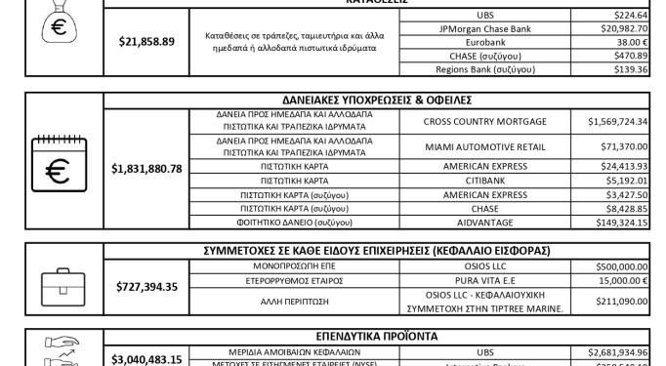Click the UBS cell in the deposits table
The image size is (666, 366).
[x=485, y=16]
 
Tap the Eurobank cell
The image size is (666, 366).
[x=485, y=43]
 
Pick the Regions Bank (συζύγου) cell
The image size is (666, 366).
[x=485, y=70]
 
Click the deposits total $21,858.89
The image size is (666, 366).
[x=146, y=42]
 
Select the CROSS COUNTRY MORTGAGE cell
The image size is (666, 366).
[x=485, y=120]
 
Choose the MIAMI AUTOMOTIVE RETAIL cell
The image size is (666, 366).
[x=485, y=146]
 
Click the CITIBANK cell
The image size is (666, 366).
[x=485, y=181]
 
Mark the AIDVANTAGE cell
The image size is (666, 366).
[x=485, y=222]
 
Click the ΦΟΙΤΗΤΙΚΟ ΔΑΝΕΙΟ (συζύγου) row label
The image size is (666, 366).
[x=295, y=222]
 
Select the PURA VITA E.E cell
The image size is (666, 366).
[x=485, y=279]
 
